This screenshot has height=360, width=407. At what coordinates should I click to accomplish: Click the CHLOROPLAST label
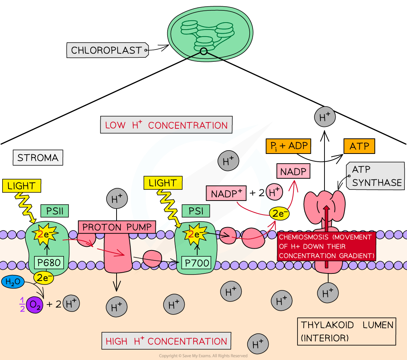(107, 50)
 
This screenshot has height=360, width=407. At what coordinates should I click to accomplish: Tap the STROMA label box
(38, 158)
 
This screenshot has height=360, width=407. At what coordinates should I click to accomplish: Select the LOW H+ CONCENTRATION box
(166, 125)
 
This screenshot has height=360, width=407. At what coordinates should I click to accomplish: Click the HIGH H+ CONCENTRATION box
(166, 341)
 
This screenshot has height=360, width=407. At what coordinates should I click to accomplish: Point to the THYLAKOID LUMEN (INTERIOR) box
(346, 331)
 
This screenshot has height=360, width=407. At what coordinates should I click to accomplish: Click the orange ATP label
(359, 146)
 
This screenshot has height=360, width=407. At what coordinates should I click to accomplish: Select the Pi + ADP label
(288, 146)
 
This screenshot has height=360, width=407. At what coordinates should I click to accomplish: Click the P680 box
(48, 263)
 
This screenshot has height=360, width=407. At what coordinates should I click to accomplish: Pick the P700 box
(196, 263)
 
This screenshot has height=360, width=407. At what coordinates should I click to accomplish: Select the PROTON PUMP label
(117, 227)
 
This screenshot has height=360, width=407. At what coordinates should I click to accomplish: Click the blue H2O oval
(13, 282)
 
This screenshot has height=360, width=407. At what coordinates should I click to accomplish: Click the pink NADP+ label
(226, 194)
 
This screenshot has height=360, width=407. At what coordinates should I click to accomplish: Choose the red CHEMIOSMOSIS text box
(326, 246)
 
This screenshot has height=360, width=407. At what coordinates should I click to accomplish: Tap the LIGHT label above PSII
(21, 186)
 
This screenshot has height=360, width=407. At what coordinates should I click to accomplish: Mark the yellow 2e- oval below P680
(43, 278)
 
